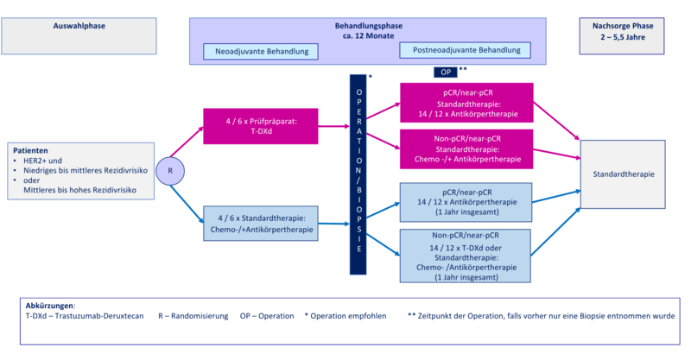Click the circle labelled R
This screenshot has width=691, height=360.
pos(170,171)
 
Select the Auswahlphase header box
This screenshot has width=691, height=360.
pos(79,36)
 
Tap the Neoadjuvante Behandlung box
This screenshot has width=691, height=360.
pos(261,52)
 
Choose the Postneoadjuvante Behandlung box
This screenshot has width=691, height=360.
pos(465,50)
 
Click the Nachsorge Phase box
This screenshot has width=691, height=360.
pos(622,36)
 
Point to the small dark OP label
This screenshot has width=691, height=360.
pos(446,73)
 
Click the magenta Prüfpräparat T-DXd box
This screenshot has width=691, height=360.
pos(261,126)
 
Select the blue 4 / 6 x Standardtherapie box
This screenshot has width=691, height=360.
pos(261,224)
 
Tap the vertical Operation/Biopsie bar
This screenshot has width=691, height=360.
pos(358,174)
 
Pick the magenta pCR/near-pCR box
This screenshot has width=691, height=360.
pos(466,103)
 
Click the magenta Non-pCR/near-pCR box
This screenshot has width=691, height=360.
pos(466,149)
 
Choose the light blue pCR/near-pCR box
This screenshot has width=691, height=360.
pos(466,202)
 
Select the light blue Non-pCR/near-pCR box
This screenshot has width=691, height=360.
pos(466,256)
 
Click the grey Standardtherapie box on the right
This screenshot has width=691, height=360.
pos(623,174)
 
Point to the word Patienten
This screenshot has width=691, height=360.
pos(30,151)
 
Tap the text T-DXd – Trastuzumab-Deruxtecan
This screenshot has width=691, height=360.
pos(85,316)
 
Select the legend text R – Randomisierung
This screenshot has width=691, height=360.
pos(193,316)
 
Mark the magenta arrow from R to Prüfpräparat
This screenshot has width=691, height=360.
pos(187,142)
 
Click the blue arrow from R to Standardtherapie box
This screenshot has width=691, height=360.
pos(187,205)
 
